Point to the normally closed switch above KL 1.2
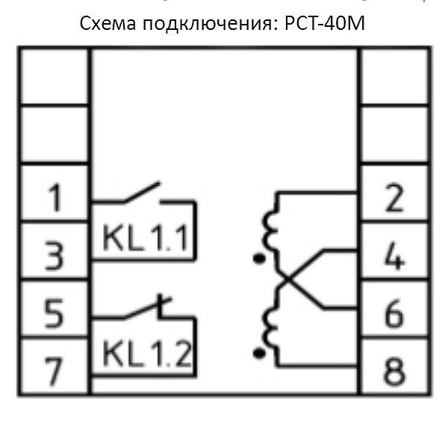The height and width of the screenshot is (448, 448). [146, 308]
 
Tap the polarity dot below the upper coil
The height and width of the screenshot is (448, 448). [259, 260]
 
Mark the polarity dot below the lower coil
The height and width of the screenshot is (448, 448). [259, 351]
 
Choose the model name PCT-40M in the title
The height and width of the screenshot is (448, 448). [327, 25]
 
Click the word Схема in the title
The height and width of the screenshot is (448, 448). [108, 25]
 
